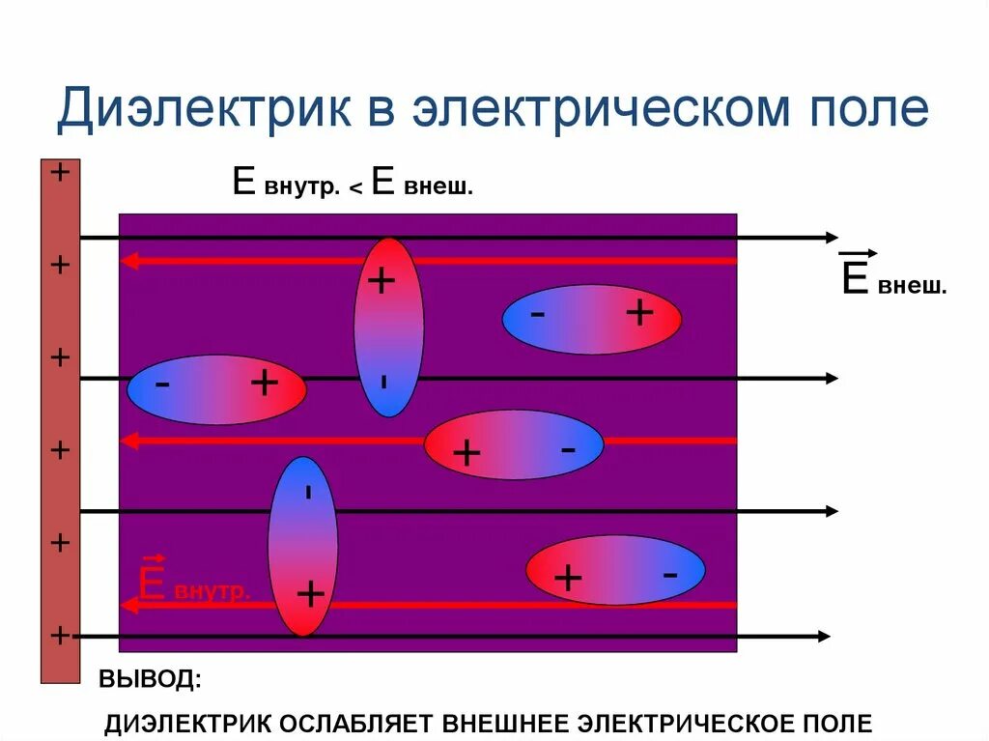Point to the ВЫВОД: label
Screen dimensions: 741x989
[151, 678]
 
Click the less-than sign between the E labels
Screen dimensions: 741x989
[355, 189]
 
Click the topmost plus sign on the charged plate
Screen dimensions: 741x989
[60, 173]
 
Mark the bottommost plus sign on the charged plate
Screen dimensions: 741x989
[60, 635]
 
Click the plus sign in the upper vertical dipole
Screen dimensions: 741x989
[382, 281]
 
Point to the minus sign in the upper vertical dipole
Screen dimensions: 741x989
[384, 382]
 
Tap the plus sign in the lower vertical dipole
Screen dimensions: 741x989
[310, 593]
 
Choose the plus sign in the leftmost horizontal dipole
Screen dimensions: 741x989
[264, 384]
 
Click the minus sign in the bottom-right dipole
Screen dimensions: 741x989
[669, 573]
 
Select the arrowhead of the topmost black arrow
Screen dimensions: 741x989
[832, 238]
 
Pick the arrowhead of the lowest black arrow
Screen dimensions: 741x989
[823, 636]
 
